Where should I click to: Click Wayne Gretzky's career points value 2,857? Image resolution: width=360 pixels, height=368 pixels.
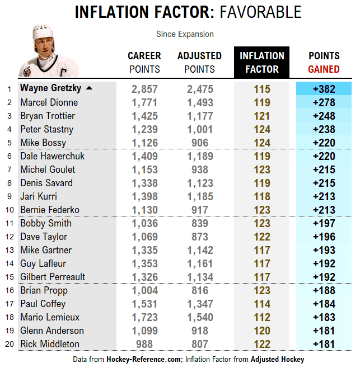pos(144,89)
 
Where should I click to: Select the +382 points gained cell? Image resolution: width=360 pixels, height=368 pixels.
pos(324,89)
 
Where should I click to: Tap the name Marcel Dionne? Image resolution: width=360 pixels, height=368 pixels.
pos(49,102)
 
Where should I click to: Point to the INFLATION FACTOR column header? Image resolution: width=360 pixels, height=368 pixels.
pos(261,62)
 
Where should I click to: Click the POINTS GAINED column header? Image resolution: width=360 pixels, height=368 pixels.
pos(324,62)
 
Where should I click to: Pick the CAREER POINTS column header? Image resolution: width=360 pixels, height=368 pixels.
pos(144,62)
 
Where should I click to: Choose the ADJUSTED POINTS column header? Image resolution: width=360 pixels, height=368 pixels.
pos(199,62)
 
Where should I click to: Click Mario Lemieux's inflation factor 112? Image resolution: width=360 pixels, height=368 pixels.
pos(261,317)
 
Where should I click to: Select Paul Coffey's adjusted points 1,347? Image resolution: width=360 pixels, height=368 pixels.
pos(200,304)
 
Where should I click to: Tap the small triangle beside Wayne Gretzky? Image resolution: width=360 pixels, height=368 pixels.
pos(89,88)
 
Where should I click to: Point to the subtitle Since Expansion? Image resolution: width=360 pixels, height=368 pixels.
pos(185,34)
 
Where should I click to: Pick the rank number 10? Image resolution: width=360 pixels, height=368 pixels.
pos(9,210)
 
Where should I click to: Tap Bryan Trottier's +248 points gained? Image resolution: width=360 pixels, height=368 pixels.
pos(324,116)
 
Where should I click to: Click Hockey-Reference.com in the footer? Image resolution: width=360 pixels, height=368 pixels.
pos(144,359)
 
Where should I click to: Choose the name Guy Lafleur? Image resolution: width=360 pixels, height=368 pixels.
pos(44,263)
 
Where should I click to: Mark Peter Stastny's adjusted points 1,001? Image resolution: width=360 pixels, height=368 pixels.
pos(200,129)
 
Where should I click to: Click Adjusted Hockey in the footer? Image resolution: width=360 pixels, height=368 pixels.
pos(277,359)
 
